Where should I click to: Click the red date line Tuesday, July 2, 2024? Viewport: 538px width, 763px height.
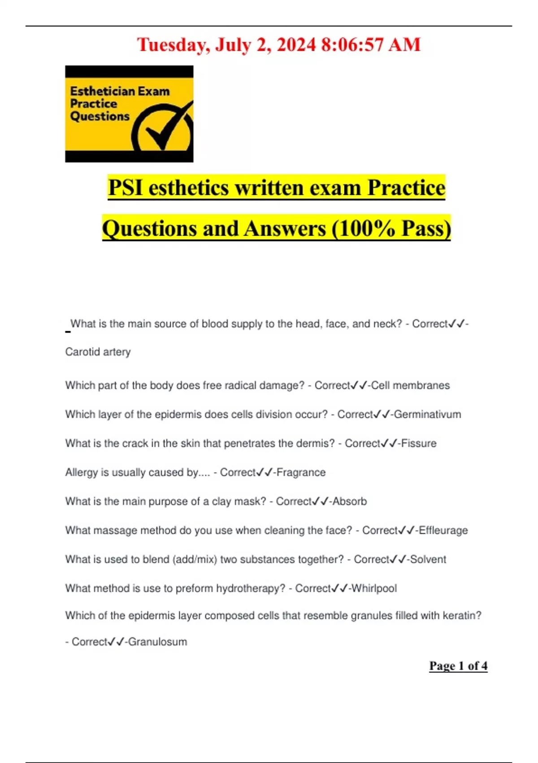(x=278, y=45)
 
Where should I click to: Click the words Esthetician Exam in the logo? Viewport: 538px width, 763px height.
(x=120, y=91)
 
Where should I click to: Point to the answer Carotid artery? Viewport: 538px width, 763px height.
(x=98, y=352)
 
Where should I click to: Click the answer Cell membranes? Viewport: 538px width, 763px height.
(x=410, y=386)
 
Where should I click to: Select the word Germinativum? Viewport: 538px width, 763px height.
(x=427, y=414)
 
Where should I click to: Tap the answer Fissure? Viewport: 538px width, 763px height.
(x=419, y=443)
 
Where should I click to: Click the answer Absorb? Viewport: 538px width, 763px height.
(x=350, y=501)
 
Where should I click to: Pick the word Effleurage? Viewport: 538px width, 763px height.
(x=443, y=531)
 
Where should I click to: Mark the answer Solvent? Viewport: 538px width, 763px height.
(x=428, y=560)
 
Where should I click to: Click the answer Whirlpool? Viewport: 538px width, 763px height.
(x=374, y=588)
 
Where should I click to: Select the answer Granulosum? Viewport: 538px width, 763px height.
(x=157, y=642)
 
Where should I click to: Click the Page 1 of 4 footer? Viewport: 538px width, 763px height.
(x=458, y=666)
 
